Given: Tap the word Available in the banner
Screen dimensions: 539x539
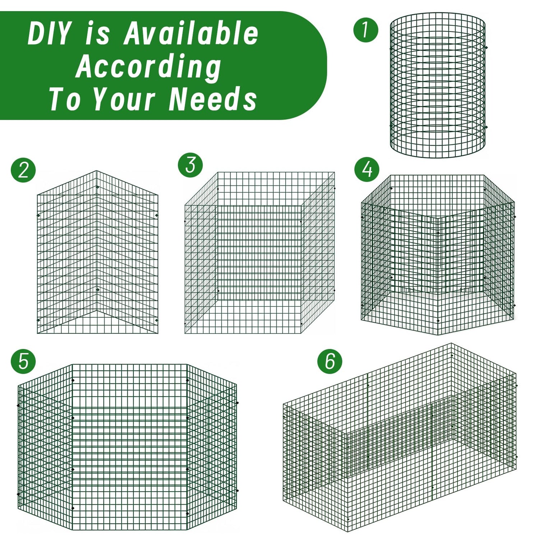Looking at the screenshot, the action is click(191, 33).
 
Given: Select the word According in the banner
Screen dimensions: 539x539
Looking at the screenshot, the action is click(148, 67).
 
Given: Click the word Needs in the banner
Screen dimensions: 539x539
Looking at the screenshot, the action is click(213, 99).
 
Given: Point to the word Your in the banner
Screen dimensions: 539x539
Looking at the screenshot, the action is click(125, 99).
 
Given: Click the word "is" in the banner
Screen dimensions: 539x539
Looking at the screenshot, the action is click(98, 33).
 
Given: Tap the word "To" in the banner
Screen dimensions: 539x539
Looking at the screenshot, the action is click(65, 99).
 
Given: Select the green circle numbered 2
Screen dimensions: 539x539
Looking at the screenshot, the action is click(23, 170).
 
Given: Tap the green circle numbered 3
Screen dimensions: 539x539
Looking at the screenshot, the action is click(190, 165).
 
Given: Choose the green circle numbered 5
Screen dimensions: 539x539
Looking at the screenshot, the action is click(23, 361).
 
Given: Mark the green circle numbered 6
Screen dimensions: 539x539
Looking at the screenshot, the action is click(330, 360).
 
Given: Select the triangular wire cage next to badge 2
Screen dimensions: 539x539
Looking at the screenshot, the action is click(97, 252).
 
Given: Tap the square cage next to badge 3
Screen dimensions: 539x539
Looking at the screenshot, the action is click(260, 253).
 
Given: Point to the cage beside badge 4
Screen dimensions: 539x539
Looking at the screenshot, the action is click(438, 254).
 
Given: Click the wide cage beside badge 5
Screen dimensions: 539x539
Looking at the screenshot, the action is click(128, 447).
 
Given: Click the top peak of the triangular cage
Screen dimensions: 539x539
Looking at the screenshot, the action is click(97, 171).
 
